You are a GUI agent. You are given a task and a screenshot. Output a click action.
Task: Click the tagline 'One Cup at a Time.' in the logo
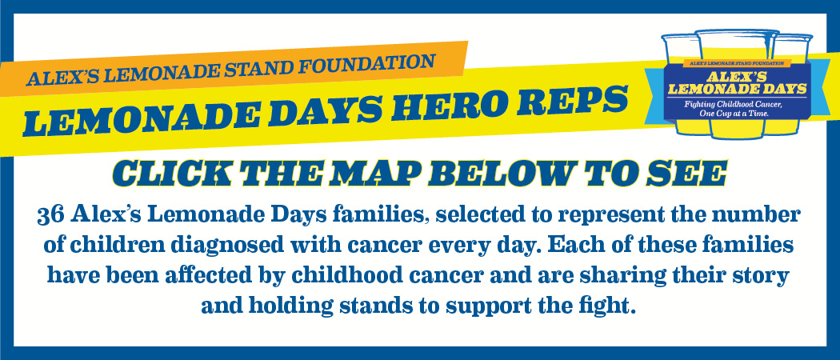[734, 114]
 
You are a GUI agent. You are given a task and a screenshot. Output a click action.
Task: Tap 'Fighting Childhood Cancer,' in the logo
[734, 105]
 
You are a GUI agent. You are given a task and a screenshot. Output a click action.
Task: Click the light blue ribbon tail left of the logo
[654, 97]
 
